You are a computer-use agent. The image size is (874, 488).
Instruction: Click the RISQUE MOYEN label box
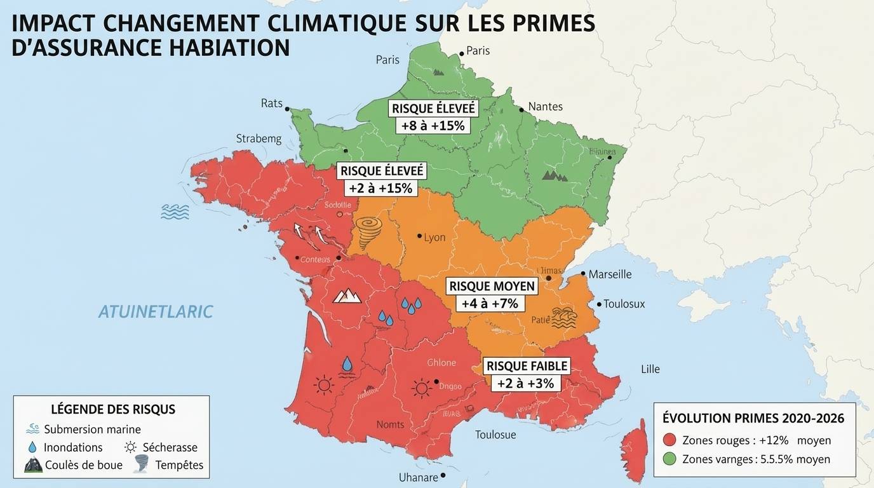492,287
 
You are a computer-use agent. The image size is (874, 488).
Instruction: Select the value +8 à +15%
433,126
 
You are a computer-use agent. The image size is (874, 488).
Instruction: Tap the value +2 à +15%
381,188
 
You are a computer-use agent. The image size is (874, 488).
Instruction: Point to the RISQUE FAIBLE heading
527,367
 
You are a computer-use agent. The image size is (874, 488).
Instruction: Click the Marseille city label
610,274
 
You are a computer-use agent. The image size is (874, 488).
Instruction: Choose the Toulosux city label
624,304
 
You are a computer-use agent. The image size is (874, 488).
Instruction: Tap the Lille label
650,369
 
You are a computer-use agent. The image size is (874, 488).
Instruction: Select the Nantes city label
545,107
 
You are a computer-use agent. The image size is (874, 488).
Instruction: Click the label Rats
271,103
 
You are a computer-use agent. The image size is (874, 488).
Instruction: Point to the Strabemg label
259,139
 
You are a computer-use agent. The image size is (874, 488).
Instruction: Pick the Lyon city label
434,238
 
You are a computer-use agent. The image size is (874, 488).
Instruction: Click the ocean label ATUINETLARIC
156,312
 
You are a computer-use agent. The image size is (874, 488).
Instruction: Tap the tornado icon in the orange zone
369,232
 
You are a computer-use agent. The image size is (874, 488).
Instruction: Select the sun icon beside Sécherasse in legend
131,447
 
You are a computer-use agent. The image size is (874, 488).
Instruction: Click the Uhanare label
418,477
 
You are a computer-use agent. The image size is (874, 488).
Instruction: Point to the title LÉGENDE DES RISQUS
112,409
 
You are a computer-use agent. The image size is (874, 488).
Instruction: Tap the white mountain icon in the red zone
347,295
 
